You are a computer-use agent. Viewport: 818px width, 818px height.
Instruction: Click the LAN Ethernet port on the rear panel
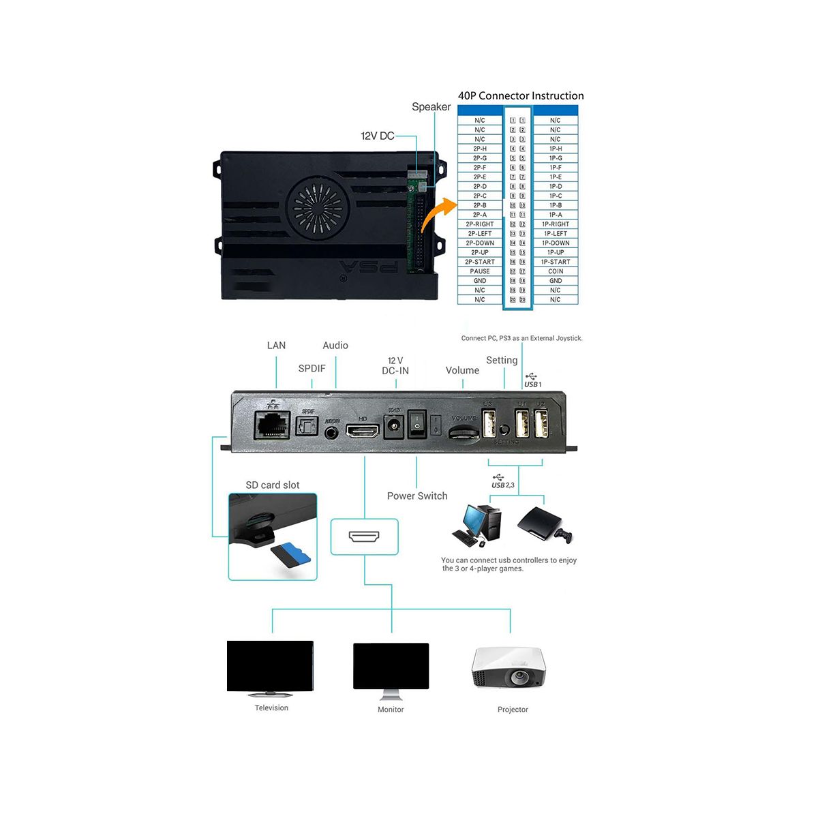click(x=273, y=425)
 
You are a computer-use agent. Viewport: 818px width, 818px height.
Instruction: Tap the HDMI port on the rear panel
click(x=363, y=431)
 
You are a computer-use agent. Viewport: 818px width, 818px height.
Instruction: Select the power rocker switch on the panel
click(x=416, y=425)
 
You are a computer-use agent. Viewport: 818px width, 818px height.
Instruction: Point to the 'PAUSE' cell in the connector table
click(x=480, y=271)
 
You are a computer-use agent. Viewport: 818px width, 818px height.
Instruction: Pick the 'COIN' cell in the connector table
click(x=556, y=271)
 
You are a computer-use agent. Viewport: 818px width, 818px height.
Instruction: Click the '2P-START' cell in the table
click(x=480, y=262)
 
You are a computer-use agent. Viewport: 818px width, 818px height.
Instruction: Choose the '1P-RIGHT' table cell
click(x=556, y=224)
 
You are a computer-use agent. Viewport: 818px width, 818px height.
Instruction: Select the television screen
click(x=270, y=666)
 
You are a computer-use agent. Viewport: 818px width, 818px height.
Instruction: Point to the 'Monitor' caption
click(x=391, y=710)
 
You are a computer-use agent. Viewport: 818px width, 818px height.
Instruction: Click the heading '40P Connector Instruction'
click(x=521, y=96)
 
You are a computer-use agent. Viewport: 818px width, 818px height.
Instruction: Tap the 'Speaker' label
click(x=431, y=107)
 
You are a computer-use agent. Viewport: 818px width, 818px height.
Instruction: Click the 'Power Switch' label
click(x=417, y=496)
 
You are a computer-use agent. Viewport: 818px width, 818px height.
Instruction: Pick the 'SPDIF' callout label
click(x=312, y=369)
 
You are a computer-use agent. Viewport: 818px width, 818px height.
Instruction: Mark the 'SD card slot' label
click(x=273, y=485)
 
